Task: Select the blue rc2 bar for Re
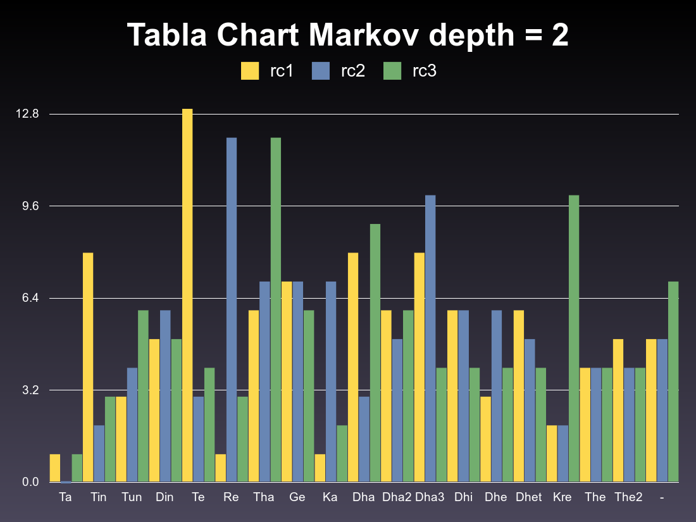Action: point(232,310)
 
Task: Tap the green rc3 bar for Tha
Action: point(276,310)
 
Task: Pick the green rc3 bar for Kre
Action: point(574,339)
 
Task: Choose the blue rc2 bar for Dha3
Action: point(430,339)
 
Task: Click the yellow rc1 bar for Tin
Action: point(88,367)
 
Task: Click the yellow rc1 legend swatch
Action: point(250,71)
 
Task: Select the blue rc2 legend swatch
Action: point(321,71)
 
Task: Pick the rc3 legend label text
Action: point(424,71)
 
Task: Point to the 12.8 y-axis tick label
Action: point(28,115)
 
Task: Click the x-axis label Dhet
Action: point(528,497)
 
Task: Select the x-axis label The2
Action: point(628,497)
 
